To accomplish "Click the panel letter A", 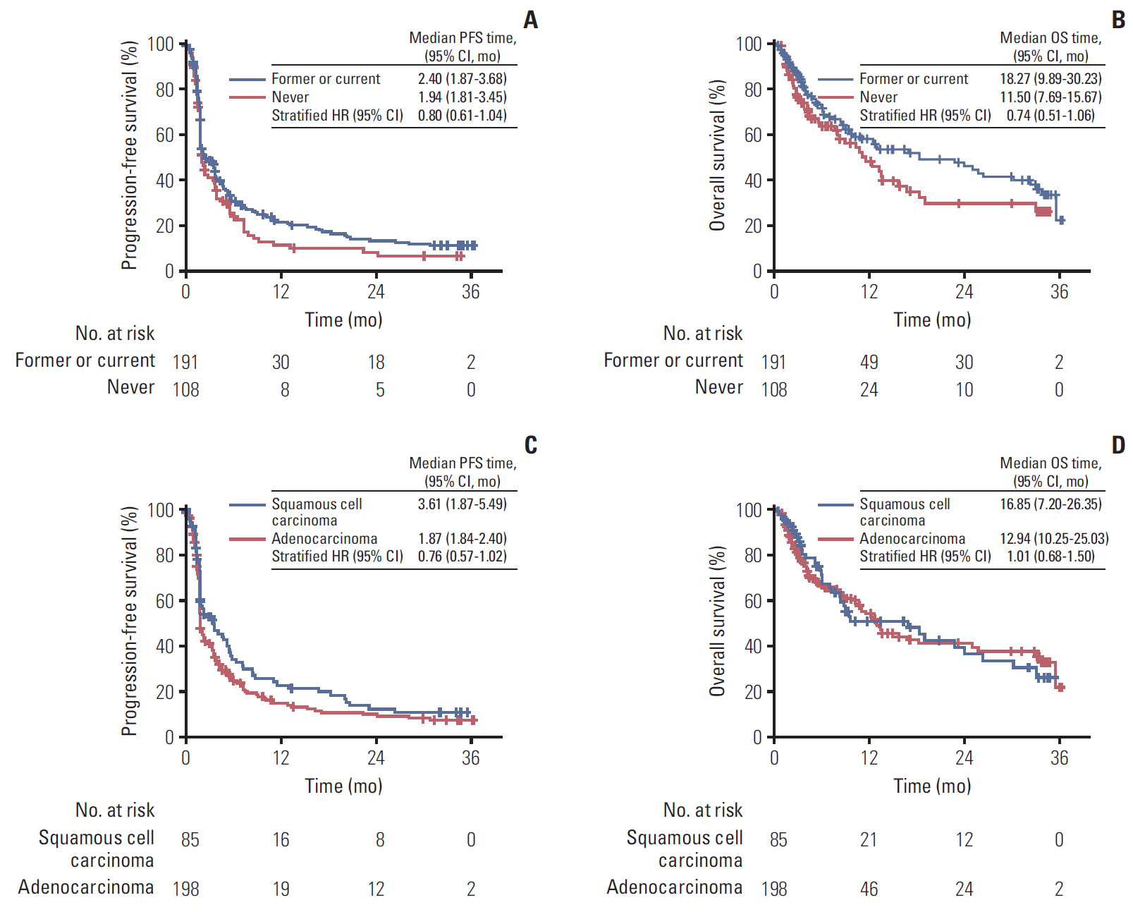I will (531, 20).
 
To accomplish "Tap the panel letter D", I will (1118, 445).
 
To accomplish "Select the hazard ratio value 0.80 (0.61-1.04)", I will (462, 116).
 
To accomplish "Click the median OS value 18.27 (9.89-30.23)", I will (1051, 79).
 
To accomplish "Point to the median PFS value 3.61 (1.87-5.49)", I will (462, 504).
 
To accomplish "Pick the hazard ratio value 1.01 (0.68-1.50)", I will (1051, 557).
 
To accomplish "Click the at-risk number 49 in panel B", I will (869, 363).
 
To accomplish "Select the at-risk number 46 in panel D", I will (869, 889).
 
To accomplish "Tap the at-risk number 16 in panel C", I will (281, 840).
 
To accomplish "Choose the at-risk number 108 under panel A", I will (186, 390).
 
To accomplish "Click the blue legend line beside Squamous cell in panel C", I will (247, 505).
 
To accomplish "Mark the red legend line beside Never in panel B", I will (835, 97).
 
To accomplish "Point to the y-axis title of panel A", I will (129, 156).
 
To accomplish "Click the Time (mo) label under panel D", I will (932, 786).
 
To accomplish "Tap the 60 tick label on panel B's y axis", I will (753, 135).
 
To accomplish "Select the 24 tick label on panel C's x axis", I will (376, 758).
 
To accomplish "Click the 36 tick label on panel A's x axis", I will (470, 292).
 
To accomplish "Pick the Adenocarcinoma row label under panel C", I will (86, 887).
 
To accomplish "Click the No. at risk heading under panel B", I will (703, 334).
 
